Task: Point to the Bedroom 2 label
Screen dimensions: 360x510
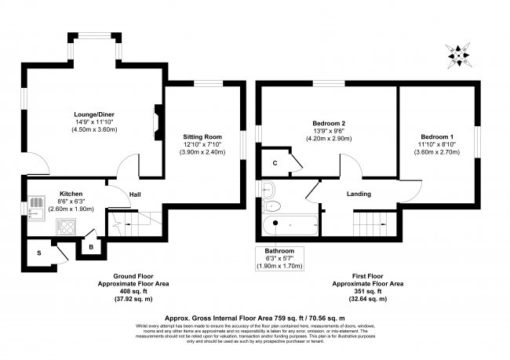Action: pyautogui.click(x=329, y=123)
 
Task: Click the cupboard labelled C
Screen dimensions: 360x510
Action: pyautogui.click(x=275, y=163)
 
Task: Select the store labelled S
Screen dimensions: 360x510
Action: pyautogui.click(x=38, y=253)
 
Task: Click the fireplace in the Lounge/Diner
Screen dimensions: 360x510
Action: pyautogui.click(x=158, y=122)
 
